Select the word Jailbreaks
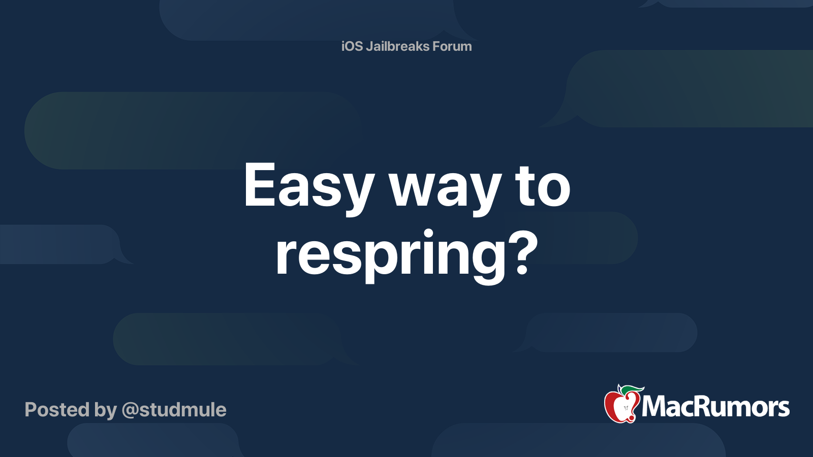tap(397, 46)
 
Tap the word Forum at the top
tap(452, 46)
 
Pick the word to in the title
tap(543, 187)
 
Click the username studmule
tap(182, 410)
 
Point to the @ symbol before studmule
tap(130, 410)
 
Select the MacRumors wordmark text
tap(715, 407)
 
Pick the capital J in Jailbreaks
tap(369, 47)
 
